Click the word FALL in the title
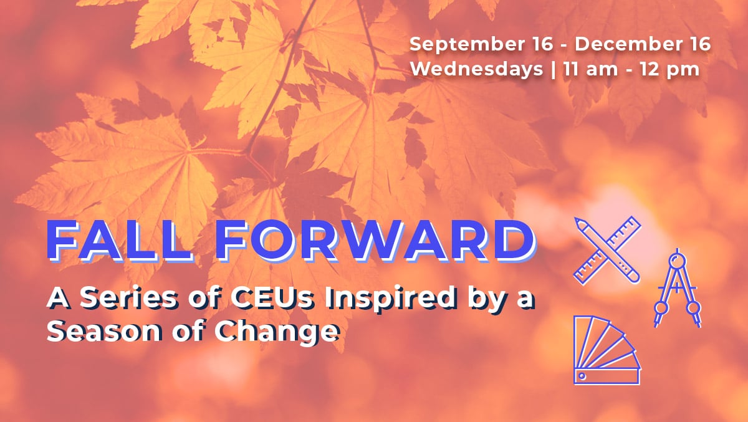click(119, 241)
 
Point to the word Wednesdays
click(476, 69)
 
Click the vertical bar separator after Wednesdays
click(554, 70)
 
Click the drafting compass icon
click(677, 288)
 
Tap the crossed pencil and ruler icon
click(607, 251)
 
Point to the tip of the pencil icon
click(576, 219)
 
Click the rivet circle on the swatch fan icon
click(582, 376)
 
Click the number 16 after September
click(541, 44)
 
